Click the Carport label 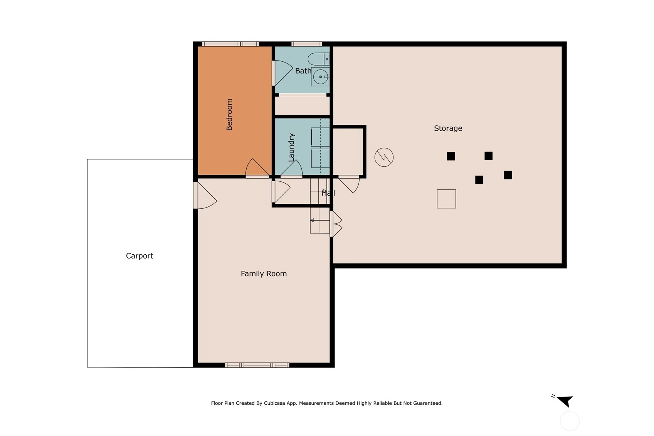pyautogui.click(x=139, y=256)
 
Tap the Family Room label pyautogui.click(x=264, y=274)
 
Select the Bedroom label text pyautogui.click(x=229, y=115)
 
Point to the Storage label pyautogui.click(x=448, y=128)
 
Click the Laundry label pyautogui.click(x=291, y=147)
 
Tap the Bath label pyautogui.click(x=303, y=71)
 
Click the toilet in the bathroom pyautogui.click(x=319, y=59)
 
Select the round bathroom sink pyautogui.click(x=320, y=77)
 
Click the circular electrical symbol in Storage pyautogui.click(x=384, y=157)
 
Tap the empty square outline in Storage pyautogui.click(x=446, y=199)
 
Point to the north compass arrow pyautogui.click(x=565, y=401)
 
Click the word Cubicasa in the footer pyautogui.click(x=274, y=403)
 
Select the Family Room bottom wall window pyautogui.click(x=257, y=365)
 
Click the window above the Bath pyautogui.click(x=306, y=44)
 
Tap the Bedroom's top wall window pyautogui.click(x=230, y=44)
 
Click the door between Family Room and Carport pyautogui.click(x=205, y=196)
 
